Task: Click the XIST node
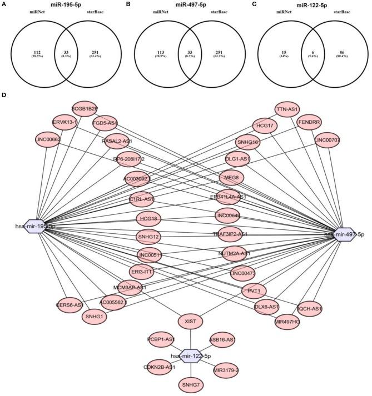(190, 321)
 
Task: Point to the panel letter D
(4, 96)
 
